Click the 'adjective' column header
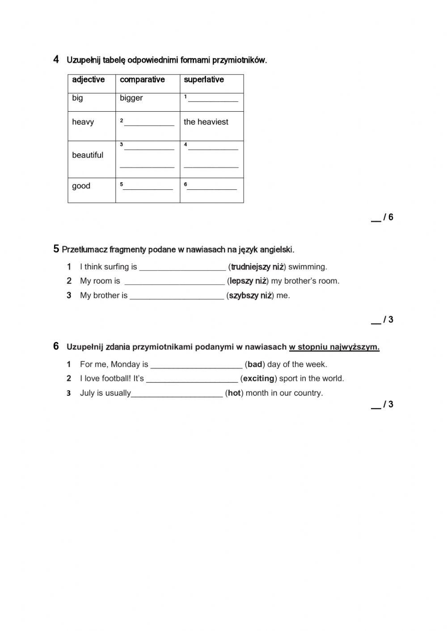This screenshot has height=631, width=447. coord(88,80)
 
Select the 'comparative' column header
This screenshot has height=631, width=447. coord(142,80)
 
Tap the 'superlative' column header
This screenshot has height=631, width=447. coord(204,80)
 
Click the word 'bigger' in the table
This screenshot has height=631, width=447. coord(131,98)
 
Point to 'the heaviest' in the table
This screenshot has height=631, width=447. coord(206,122)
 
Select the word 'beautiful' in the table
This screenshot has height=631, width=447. coord(88,155)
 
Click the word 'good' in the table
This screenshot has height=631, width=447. coord(81,186)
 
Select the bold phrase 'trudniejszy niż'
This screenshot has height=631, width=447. coord(257,267)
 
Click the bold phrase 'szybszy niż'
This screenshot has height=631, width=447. coord(250,296)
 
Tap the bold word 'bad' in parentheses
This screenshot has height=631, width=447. coord(255,364)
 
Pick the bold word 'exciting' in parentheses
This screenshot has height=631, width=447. coord(258,379)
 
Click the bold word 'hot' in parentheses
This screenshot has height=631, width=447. coord(234,393)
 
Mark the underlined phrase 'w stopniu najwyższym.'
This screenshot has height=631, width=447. coord(334,347)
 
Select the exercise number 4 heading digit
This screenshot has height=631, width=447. coord(56,59)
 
